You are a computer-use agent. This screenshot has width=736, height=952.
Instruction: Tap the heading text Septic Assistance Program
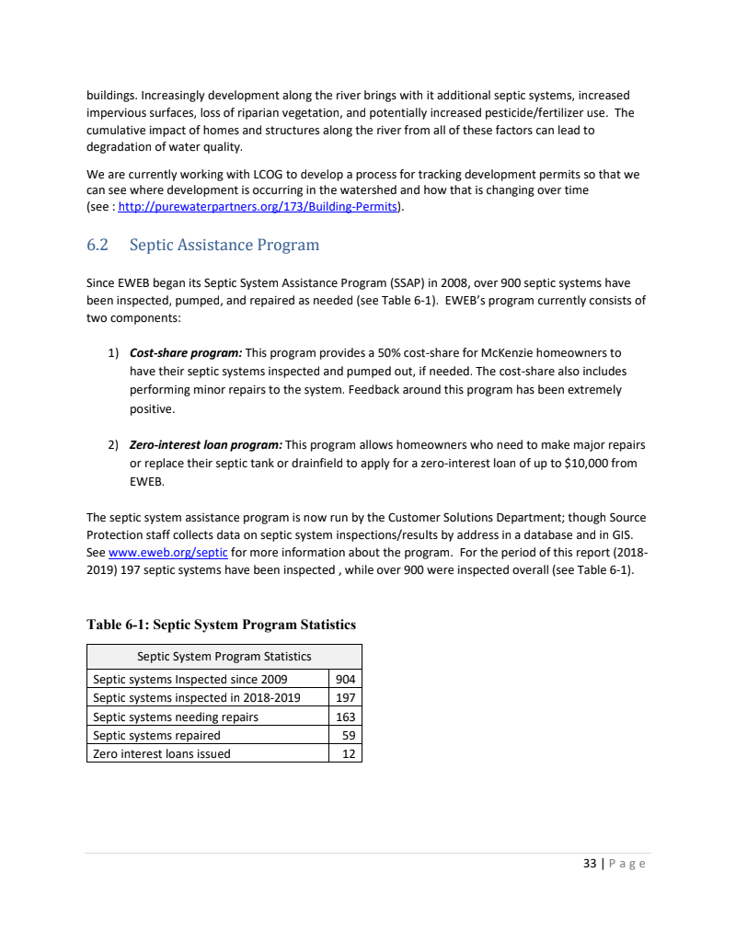[224, 246]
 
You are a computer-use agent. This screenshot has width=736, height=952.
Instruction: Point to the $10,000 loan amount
[584, 463]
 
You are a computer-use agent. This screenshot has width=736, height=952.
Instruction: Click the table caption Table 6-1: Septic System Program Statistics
[221, 625]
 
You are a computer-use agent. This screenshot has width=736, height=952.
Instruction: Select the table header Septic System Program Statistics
[224, 657]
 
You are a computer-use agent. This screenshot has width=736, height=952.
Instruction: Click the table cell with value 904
[346, 681]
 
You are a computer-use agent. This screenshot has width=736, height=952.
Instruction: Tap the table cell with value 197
[346, 699]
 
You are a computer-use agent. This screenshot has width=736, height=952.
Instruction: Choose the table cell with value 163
[346, 717]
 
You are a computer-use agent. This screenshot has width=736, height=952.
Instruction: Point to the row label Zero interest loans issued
[162, 754]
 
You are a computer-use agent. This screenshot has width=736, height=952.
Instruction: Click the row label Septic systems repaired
[156, 736]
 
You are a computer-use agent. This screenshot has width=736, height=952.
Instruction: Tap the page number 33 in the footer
[590, 864]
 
